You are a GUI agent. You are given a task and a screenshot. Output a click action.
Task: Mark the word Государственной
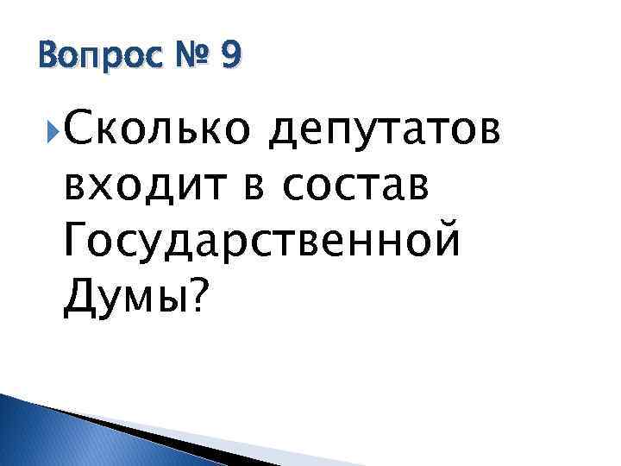coord(261,244)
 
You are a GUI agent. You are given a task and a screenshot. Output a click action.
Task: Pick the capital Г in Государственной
coord(77,242)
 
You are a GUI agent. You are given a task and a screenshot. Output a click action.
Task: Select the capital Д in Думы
coord(78,298)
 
